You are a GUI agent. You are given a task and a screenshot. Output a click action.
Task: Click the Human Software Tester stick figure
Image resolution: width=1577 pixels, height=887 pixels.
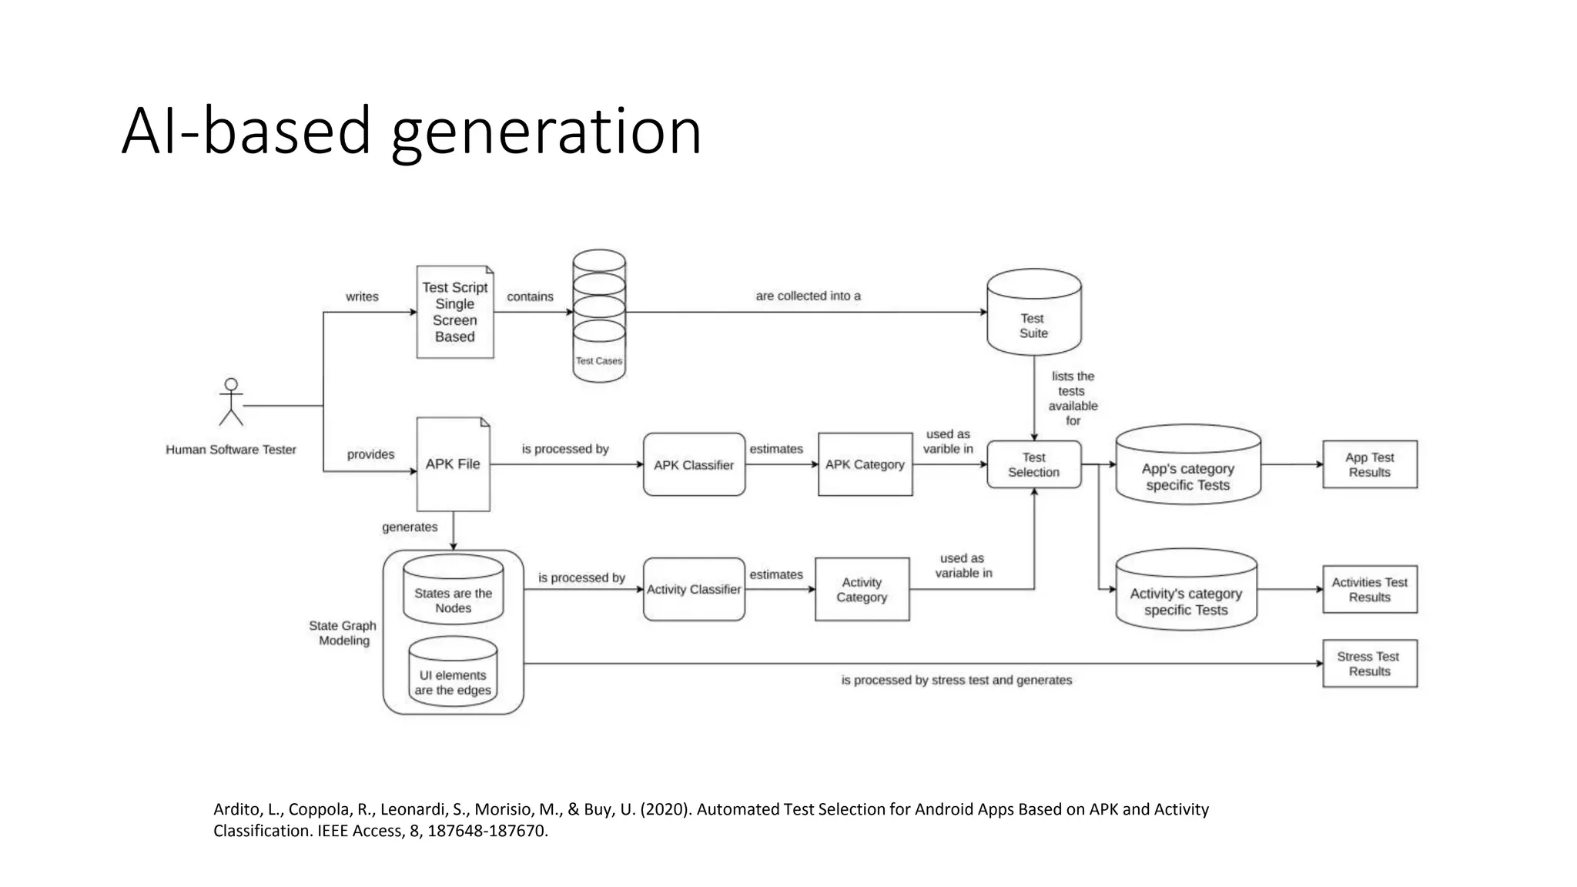click(231, 402)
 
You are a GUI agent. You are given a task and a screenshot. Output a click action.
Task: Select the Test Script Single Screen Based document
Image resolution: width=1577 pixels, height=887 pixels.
click(454, 312)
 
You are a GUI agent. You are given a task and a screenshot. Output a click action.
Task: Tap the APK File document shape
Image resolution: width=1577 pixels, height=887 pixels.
click(453, 464)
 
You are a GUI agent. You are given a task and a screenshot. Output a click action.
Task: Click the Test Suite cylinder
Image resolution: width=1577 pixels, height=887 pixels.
click(1033, 313)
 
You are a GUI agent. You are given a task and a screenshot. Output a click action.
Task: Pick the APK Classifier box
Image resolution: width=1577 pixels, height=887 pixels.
click(694, 464)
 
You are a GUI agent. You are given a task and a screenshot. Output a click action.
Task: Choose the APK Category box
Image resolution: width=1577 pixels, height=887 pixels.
click(865, 464)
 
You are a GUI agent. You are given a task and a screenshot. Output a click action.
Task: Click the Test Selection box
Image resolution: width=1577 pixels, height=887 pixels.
click(1033, 464)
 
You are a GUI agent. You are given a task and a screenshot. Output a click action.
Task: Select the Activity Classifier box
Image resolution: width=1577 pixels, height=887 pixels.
click(694, 589)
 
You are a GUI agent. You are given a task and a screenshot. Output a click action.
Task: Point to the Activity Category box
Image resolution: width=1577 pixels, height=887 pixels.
click(862, 589)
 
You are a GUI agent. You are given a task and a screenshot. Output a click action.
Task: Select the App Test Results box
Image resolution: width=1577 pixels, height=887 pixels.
click(1369, 464)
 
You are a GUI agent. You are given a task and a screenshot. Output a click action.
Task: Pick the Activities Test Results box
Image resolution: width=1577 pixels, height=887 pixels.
click(1369, 589)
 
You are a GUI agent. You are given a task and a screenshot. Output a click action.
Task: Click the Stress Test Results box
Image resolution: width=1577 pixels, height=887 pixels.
click(1369, 663)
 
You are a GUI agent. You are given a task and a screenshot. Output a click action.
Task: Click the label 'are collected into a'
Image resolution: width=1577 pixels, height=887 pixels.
click(808, 296)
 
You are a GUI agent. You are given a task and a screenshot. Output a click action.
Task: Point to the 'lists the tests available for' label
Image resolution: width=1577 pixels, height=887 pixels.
click(1073, 398)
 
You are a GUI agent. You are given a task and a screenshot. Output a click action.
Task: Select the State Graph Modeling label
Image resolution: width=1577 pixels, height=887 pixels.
click(343, 633)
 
